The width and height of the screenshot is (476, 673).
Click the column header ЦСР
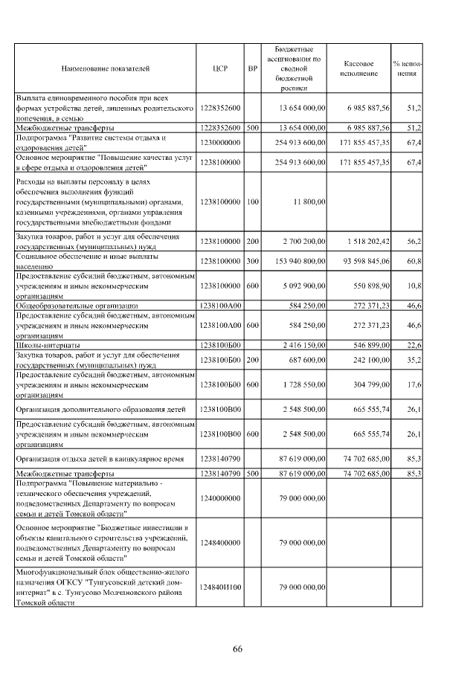point(220,68)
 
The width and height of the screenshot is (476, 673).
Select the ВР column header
point(253,68)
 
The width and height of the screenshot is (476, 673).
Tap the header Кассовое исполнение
point(360,68)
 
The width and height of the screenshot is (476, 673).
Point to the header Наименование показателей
point(106,68)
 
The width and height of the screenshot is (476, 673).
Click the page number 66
point(237,649)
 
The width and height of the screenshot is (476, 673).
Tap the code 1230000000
point(221,141)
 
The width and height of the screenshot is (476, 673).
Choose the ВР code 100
point(253,202)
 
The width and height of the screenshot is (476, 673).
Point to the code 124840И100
point(221,587)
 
